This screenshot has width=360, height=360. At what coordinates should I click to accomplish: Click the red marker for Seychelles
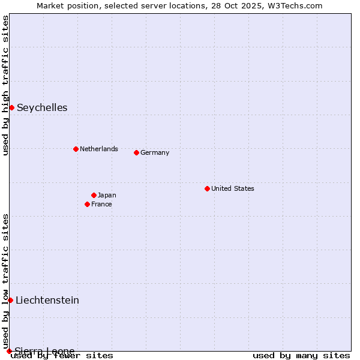click(11, 107)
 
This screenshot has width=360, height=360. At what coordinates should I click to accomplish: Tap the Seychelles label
click(42, 108)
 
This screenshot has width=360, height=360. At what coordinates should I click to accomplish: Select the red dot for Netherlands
click(76, 149)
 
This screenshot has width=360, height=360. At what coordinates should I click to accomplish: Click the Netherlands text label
click(99, 149)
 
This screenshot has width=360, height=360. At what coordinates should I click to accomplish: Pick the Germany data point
click(136, 152)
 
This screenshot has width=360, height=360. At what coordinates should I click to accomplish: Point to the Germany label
click(155, 152)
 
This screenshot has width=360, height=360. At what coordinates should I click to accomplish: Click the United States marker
click(207, 188)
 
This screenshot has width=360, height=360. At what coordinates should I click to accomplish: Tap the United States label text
click(233, 188)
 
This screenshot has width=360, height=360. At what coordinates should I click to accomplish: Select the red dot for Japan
click(94, 195)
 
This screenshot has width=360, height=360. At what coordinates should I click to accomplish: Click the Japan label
click(107, 195)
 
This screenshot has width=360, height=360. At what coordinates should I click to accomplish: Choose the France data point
click(87, 204)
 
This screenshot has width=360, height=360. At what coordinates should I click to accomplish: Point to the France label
click(101, 204)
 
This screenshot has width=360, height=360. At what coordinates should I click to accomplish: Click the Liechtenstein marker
click(10, 300)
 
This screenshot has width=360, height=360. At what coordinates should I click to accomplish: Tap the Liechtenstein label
click(47, 300)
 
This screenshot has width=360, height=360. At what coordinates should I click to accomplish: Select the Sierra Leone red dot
click(9, 351)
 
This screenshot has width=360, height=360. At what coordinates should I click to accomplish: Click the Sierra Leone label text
click(45, 351)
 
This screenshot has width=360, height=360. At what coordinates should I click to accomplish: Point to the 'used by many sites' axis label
click(301, 355)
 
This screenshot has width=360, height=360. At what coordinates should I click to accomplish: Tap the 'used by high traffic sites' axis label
click(5, 85)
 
